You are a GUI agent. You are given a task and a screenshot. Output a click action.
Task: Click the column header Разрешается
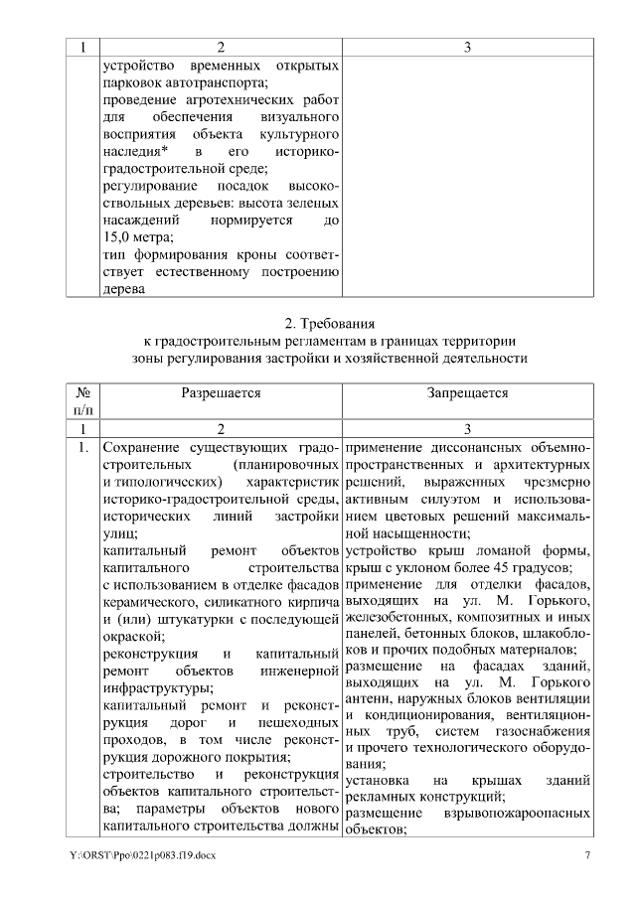[221, 393]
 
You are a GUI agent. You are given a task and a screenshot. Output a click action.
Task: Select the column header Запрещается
[468, 393]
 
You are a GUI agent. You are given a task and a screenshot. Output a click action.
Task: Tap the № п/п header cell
[82, 401]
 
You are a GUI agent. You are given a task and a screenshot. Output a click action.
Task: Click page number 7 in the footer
[587, 855]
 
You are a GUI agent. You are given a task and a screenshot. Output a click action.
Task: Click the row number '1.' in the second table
[82, 449]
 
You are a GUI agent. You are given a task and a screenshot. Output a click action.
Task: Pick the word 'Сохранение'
[141, 449]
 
